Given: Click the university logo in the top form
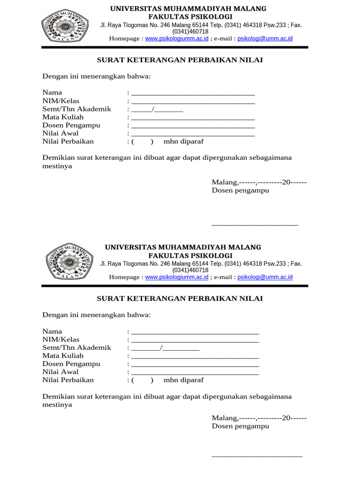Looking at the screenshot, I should pyautogui.click(x=65, y=25).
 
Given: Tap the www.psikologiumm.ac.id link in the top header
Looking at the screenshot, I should pyautogui.click(x=177, y=38).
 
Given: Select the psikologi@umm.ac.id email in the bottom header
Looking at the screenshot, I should pyautogui.click(x=265, y=277).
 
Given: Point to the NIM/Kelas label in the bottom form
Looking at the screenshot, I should pyautogui.click(x=61, y=339).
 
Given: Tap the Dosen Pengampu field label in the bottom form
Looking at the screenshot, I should pyautogui.click(x=71, y=364).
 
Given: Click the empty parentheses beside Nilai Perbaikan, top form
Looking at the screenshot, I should pyautogui.click(x=142, y=142).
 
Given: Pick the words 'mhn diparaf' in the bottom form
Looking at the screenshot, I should pyautogui.click(x=183, y=380).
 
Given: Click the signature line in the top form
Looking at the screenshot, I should pyautogui.click(x=255, y=225).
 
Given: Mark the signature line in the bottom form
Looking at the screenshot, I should pyautogui.click(x=257, y=456).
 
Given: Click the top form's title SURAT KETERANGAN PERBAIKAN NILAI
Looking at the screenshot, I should pyautogui.click(x=180, y=60).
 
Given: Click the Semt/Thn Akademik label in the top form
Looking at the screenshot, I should pyautogui.click(x=77, y=109).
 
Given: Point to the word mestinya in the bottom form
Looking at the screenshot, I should pyautogui.click(x=57, y=405).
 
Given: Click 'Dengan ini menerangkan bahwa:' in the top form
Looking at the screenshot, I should pyautogui.click(x=97, y=76).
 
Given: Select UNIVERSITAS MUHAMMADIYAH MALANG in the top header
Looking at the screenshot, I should pyautogui.click(x=188, y=9).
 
